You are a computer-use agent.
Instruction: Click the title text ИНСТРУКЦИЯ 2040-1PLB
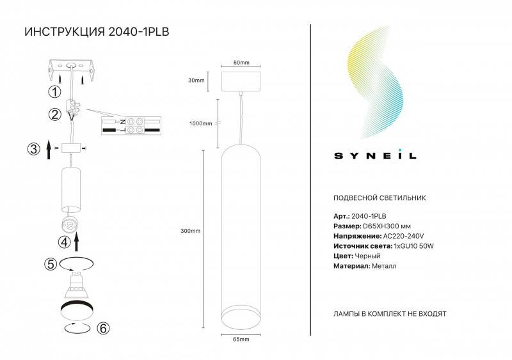96,33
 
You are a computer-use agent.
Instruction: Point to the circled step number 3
33,150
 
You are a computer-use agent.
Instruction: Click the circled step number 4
63,242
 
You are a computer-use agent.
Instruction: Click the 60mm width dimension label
241,63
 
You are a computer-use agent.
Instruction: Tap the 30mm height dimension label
196,81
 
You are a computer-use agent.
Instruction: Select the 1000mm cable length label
201,124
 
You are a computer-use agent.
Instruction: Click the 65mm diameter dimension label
241,338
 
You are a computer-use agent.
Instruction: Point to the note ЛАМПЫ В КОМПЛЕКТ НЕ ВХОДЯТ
390,315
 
